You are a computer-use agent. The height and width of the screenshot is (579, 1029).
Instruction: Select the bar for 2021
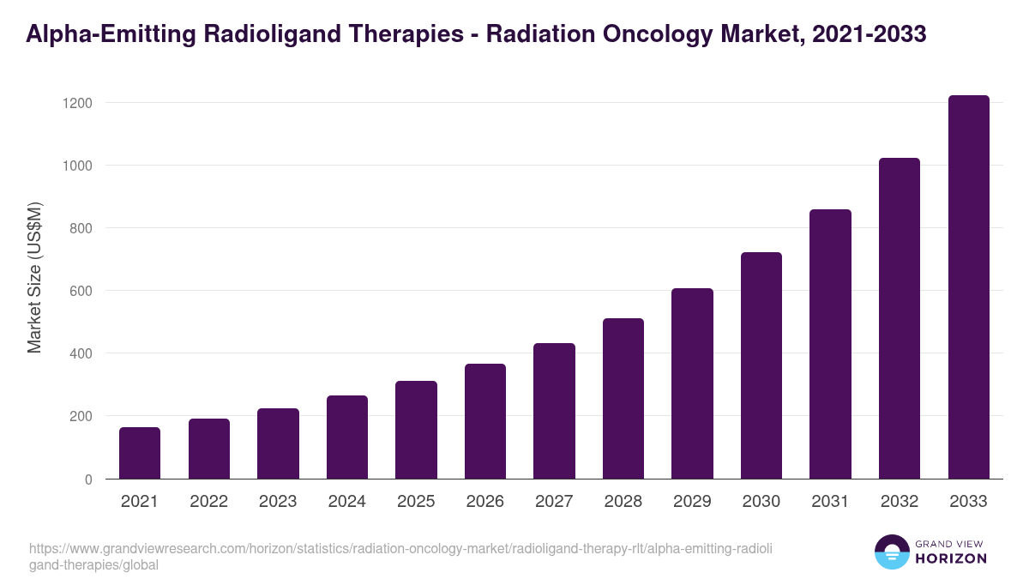[x=140, y=453]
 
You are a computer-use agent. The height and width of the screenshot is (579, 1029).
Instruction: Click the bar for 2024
[x=347, y=437]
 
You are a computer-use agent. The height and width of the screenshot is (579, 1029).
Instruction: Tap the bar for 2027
[x=554, y=411]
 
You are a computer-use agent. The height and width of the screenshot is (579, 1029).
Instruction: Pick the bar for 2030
[x=761, y=365]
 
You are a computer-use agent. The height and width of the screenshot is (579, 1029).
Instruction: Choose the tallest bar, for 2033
[x=968, y=287]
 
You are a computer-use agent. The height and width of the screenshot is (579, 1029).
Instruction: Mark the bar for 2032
[x=900, y=318]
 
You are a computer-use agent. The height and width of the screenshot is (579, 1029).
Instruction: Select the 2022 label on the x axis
[x=208, y=502]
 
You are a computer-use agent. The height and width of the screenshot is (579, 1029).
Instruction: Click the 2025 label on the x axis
[x=416, y=502]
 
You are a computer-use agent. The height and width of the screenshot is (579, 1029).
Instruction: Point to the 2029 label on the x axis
[x=692, y=502]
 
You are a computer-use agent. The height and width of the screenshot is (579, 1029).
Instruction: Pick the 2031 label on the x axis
[x=830, y=502]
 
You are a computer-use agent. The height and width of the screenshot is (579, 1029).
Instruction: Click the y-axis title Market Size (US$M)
[x=34, y=278]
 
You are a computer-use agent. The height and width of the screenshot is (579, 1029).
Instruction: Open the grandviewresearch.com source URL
[x=400, y=557]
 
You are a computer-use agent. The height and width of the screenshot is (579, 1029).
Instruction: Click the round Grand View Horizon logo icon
[x=892, y=552]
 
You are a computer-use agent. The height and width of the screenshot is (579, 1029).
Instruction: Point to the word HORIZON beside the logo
[x=951, y=558]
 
